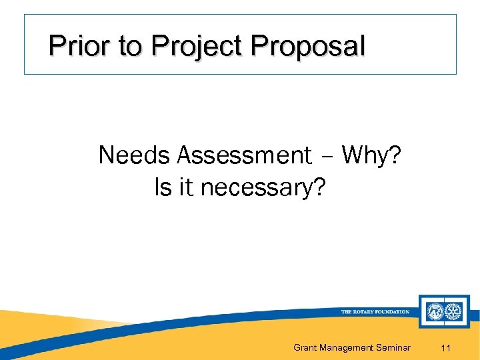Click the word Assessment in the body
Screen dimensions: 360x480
coord(244,155)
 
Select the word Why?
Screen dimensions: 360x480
coord(371,155)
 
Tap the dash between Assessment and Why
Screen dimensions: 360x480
coord(327,157)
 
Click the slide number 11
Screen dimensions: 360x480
coord(447,347)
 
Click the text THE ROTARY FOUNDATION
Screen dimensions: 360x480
coord(375,312)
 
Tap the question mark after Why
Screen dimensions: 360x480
coord(395,155)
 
